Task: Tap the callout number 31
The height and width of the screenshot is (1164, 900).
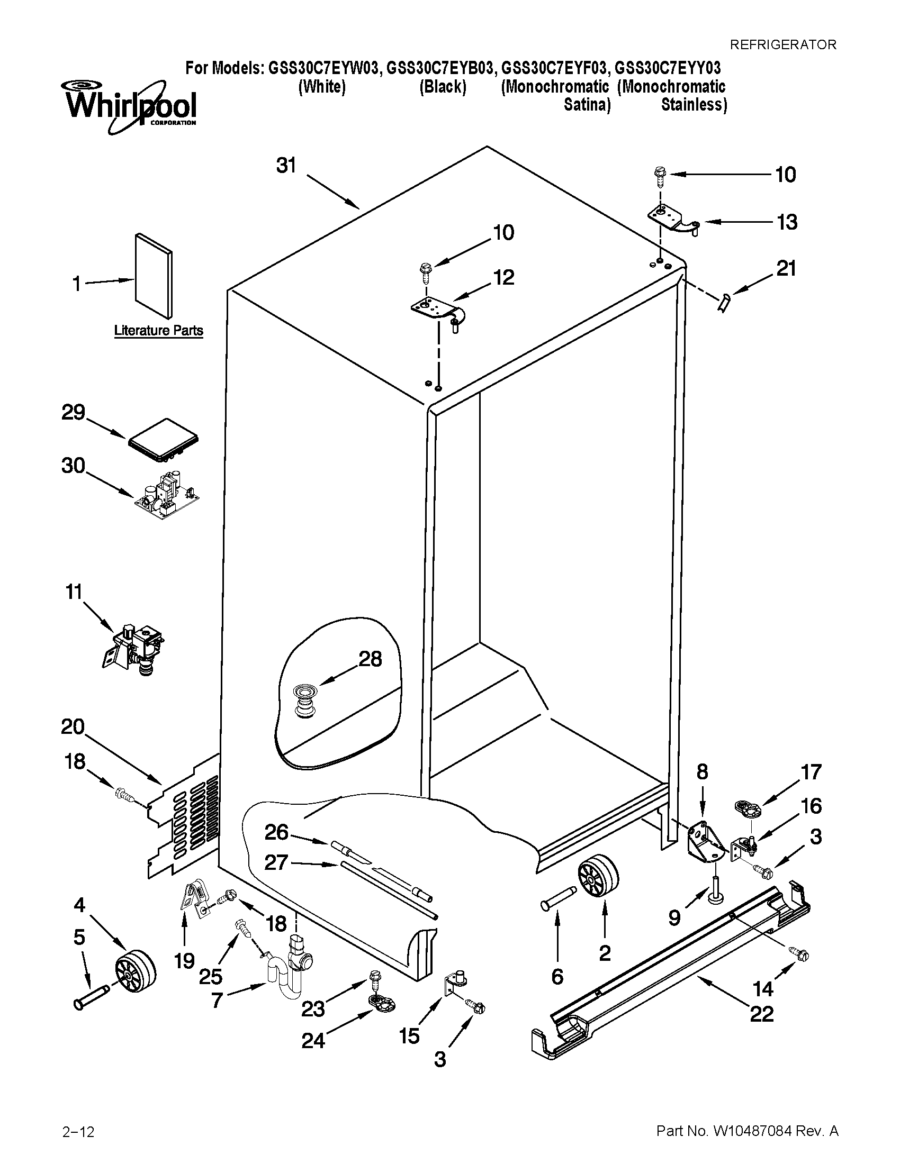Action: click(x=286, y=166)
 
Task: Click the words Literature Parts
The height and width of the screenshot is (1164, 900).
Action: click(x=158, y=331)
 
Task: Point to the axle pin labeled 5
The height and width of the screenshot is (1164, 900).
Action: click(x=91, y=996)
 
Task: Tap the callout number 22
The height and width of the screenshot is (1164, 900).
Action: click(x=761, y=1014)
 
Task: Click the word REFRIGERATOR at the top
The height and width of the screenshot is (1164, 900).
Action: click(x=782, y=45)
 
